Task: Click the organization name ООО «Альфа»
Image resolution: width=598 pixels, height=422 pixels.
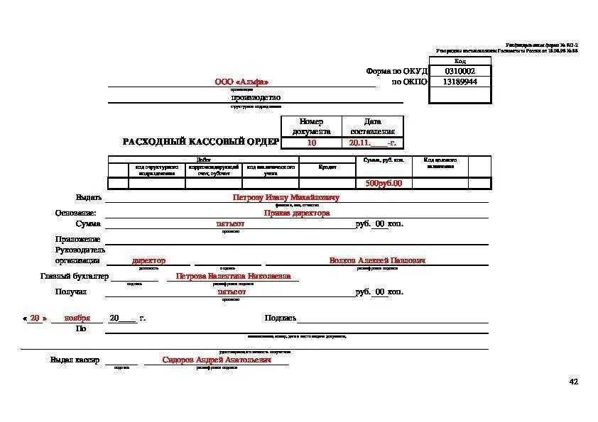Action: click(241, 82)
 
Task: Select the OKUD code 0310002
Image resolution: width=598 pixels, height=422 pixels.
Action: click(460, 72)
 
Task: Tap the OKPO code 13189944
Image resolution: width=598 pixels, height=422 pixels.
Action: click(460, 82)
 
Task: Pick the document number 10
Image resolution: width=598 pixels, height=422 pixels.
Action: click(312, 143)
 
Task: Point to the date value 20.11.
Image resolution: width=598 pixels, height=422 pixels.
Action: click(359, 143)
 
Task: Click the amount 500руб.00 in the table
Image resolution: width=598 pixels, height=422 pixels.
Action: click(384, 183)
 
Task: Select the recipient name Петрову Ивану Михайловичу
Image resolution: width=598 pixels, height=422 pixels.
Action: click(286, 197)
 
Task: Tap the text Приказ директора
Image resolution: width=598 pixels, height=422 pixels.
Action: click(297, 213)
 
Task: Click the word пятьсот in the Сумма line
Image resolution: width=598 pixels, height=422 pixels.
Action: click(231, 224)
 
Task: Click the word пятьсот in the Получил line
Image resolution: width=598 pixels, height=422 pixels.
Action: click(231, 291)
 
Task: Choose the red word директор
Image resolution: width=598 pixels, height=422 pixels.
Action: click(149, 260)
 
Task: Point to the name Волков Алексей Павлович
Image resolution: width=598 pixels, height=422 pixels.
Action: click(377, 260)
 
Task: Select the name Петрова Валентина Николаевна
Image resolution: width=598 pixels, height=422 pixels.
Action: click(233, 276)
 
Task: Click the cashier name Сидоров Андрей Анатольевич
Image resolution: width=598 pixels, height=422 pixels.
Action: click(217, 360)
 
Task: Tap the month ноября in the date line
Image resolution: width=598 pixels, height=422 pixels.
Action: click(77, 318)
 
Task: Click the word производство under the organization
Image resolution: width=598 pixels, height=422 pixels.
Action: click(256, 97)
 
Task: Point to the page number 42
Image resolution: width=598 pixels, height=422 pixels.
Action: click(574, 382)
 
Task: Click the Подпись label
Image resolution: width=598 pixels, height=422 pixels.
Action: click(280, 318)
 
